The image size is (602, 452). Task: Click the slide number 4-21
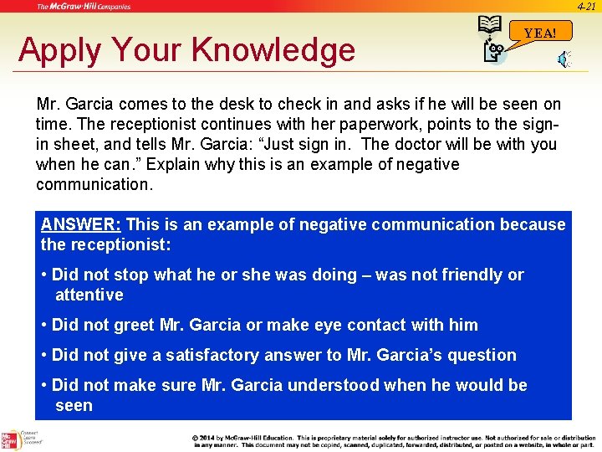click(587, 6)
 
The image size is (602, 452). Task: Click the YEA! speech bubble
click(540, 33)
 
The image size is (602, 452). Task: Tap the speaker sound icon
click(565, 58)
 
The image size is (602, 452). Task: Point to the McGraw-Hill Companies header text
click(84, 7)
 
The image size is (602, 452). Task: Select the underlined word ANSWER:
click(81, 224)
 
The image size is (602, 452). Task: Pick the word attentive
click(89, 295)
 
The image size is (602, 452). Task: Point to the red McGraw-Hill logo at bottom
click(10, 439)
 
